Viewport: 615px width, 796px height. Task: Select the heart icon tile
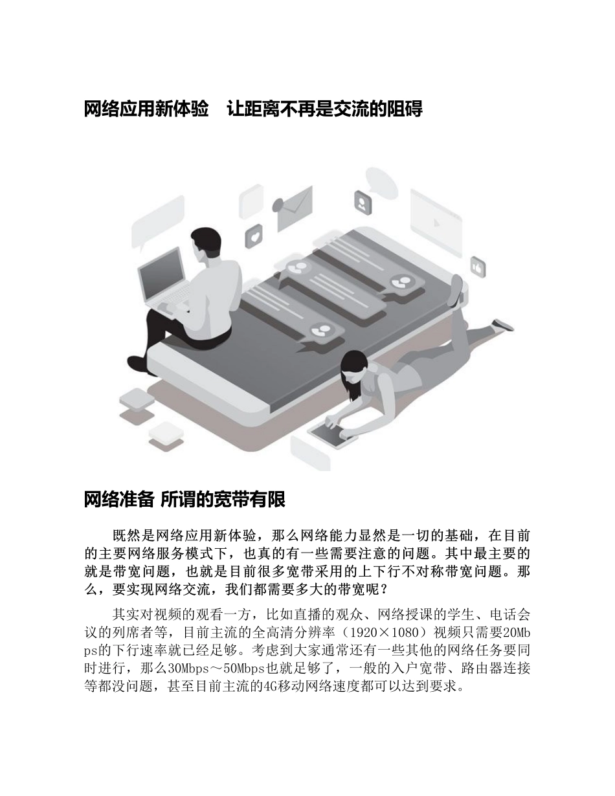coord(254,237)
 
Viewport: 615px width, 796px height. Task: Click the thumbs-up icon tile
coord(478,266)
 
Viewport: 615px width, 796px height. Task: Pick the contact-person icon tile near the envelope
coord(363,203)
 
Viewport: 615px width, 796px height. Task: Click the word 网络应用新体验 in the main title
coord(146,109)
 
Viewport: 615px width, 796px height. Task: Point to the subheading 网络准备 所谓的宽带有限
coord(184,500)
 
